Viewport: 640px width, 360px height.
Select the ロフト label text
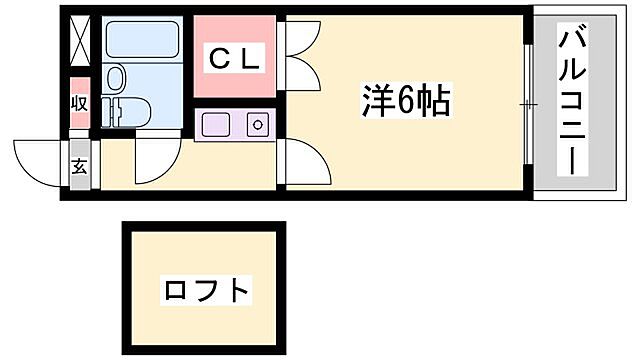[205, 291]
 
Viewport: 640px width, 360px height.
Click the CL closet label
[234, 59]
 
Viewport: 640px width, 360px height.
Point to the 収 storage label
[79, 103]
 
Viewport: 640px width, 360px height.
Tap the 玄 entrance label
[79, 165]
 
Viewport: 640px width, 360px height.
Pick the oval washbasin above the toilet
[115, 78]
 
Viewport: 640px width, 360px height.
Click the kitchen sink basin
[217, 126]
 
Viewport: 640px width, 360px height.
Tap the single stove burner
[257, 126]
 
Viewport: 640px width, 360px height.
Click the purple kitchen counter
[235, 126]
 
